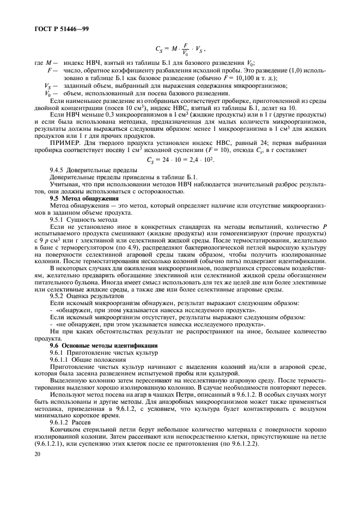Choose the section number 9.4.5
pos(58,169)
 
